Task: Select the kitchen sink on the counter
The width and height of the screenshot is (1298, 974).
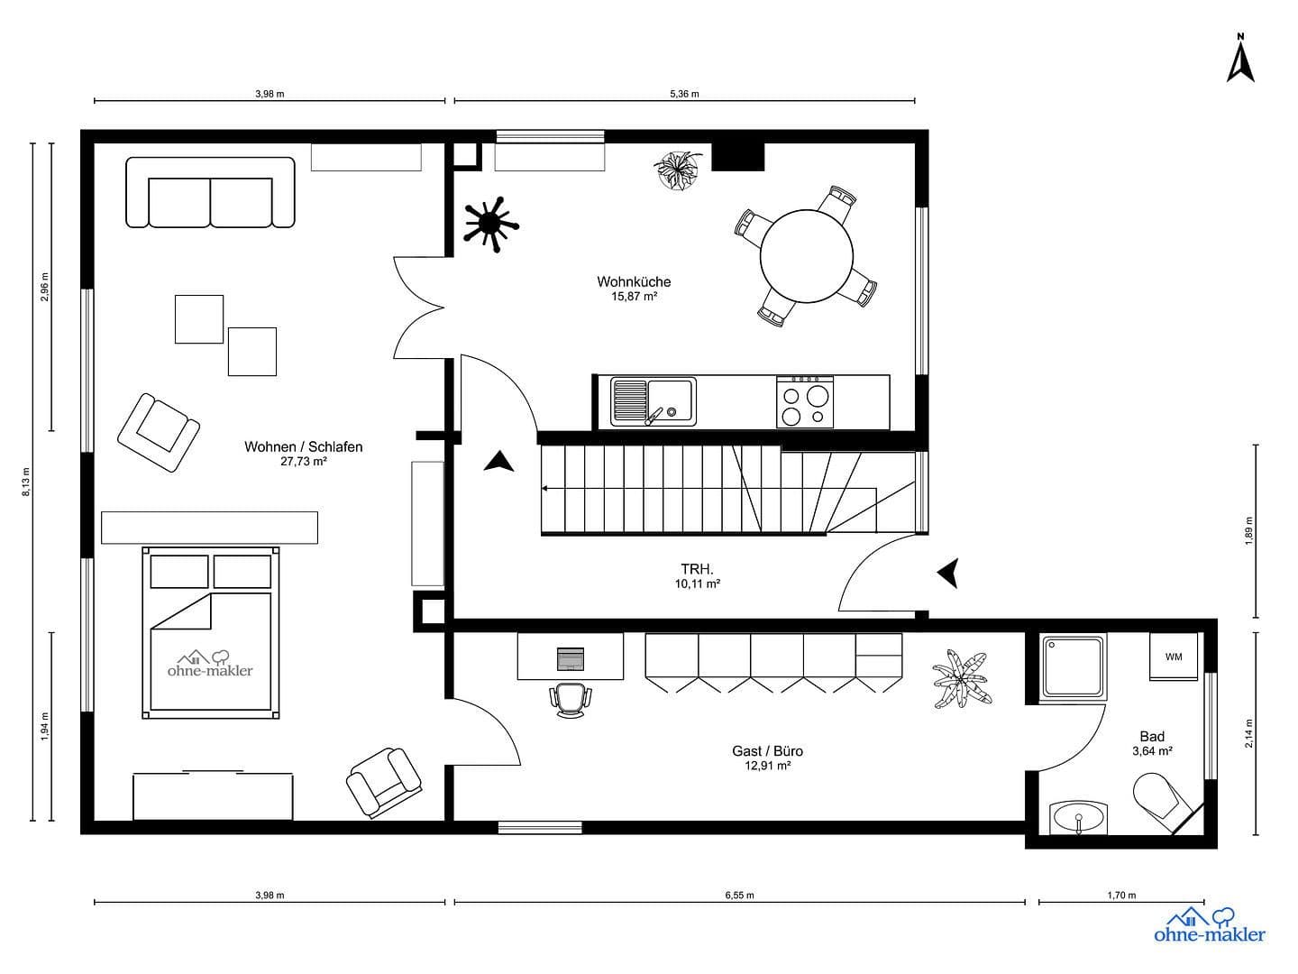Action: (x=653, y=400)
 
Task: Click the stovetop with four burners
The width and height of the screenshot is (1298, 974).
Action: (x=805, y=401)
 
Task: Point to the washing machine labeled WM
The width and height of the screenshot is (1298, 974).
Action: (x=1173, y=657)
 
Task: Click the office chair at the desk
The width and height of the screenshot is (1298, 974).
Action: (x=571, y=700)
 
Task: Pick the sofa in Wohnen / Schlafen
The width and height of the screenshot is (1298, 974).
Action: (x=210, y=193)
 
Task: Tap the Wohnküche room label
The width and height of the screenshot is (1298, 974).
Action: (x=634, y=281)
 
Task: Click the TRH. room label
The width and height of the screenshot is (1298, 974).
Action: (x=697, y=569)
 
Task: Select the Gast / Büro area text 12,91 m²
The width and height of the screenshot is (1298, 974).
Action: (x=767, y=766)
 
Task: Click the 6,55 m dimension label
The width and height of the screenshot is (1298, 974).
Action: (x=739, y=896)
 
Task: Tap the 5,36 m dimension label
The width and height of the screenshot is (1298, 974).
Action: (x=684, y=94)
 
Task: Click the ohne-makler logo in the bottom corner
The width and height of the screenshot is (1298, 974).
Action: (x=1209, y=925)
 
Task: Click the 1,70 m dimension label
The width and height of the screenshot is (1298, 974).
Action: (x=1121, y=896)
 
